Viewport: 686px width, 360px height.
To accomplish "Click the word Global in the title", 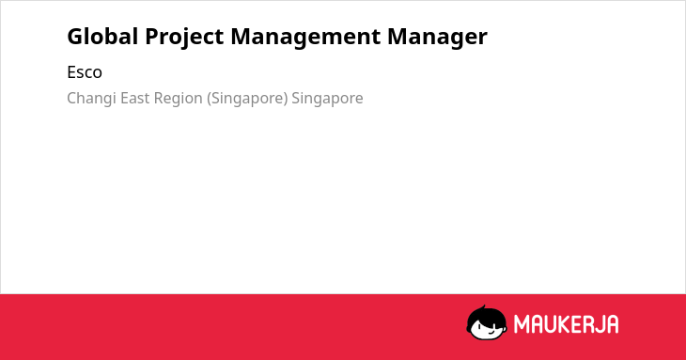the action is (x=102, y=37).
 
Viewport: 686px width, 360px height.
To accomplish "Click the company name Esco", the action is (x=85, y=72).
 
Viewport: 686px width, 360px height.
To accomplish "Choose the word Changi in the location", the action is (x=91, y=99).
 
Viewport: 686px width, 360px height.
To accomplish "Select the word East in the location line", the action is (x=135, y=98).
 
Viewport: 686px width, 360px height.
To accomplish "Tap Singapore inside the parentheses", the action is (x=247, y=99).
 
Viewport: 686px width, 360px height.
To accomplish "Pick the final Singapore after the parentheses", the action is (x=327, y=99).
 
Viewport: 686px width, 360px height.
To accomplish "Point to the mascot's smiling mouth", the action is (x=491, y=333).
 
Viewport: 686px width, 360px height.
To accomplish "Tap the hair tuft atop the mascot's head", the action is (x=483, y=308).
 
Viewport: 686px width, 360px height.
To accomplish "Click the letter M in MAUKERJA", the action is (x=522, y=324).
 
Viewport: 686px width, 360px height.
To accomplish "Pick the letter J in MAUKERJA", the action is (x=599, y=324).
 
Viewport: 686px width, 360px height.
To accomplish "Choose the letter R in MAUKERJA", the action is (x=587, y=324).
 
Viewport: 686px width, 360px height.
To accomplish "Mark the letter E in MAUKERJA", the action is (x=577, y=324).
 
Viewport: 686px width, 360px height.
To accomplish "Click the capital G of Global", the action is (x=76, y=37).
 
